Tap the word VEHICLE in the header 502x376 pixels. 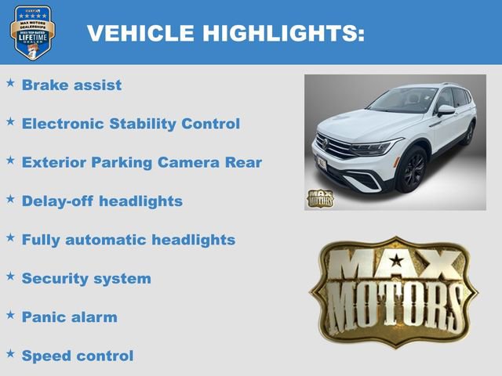[x=140, y=33]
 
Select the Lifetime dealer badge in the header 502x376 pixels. [x=32, y=32]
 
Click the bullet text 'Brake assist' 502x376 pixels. [x=71, y=85]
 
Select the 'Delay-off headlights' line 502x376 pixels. [x=102, y=201]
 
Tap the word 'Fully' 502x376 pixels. [x=41, y=240]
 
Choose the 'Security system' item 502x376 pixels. [x=86, y=278]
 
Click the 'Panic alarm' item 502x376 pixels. [x=69, y=317]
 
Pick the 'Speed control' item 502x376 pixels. [x=78, y=356]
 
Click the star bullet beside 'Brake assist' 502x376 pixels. [x=10, y=81]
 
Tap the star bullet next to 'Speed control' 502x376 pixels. [x=10, y=352]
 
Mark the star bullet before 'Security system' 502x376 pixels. [x=10, y=275]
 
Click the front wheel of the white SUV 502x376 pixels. [x=413, y=169]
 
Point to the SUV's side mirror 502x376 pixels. [x=445, y=110]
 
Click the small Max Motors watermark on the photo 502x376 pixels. [x=319, y=198]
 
